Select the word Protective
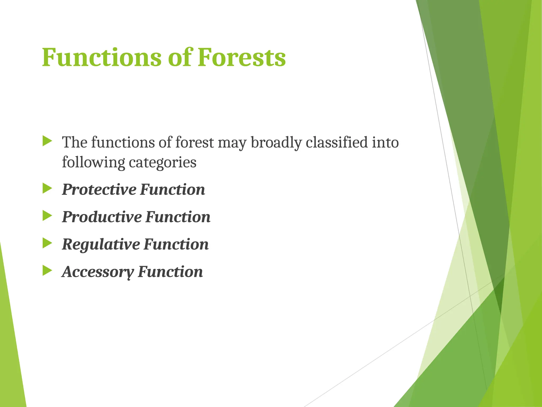click(x=99, y=190)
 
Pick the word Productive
click(x=102, y=217)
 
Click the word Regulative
click(x=101, y=244)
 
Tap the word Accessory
click(x=98, y=272)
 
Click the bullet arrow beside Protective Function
click(x=47, y=189)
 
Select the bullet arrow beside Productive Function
click(x=47, y=216)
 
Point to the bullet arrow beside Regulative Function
click(x=47, y=243)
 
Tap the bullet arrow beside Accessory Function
click(x=47, y=271)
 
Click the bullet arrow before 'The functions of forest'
click(x=47, y=141)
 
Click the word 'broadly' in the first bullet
click(x=276, y=143)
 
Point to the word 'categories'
click(x=162, y=163)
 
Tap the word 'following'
click(x=93, y=162)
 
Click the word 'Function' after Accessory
click(x=170, y=272)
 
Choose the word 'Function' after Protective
click(x=173, y=190)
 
